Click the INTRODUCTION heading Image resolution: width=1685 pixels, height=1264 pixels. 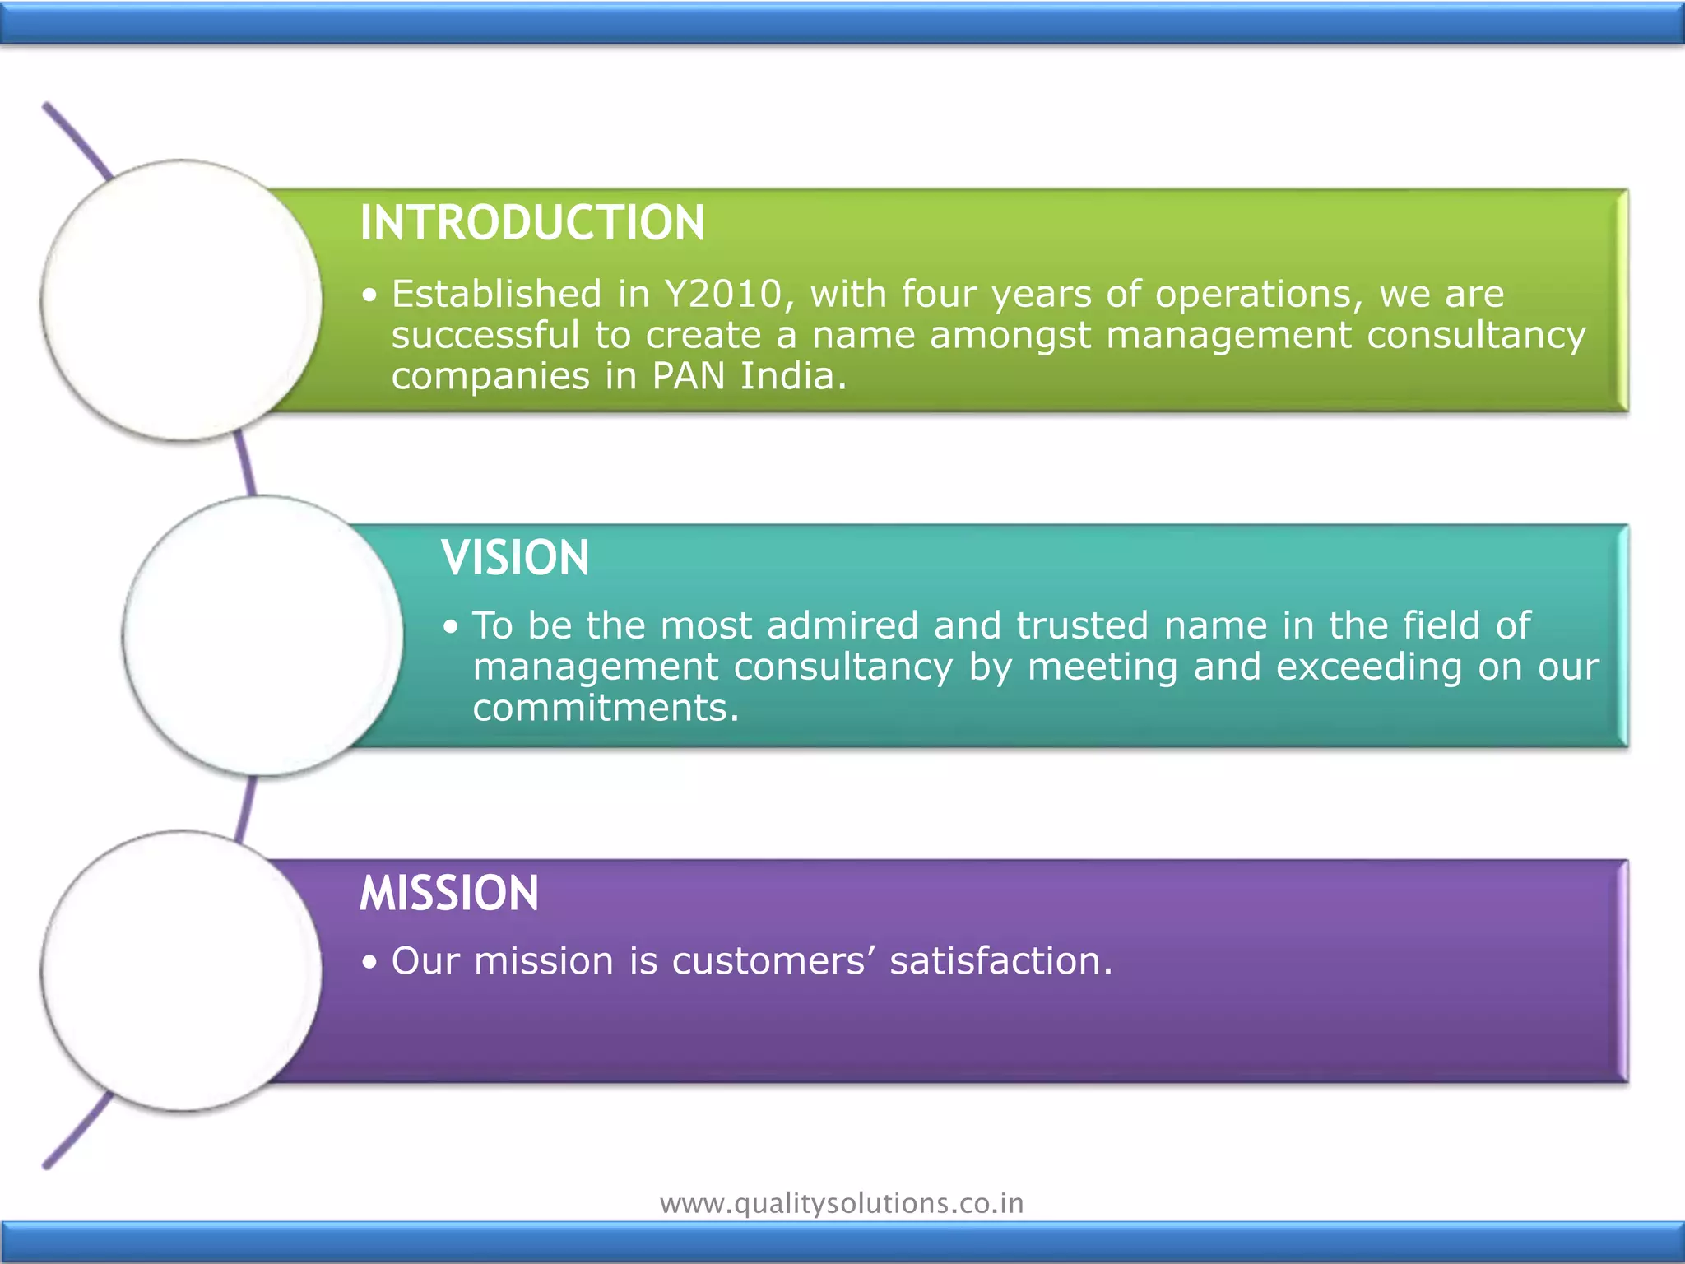click(x=532, y=223)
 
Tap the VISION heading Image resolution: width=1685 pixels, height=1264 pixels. click(x=515, y=558)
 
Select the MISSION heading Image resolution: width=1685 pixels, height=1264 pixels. click(x=449, y=893)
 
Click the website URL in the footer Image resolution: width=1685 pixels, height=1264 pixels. click(x=842, y=1203)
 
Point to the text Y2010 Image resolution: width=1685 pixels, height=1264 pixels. click(x=724, y=295)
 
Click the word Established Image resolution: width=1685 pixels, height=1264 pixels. click(x=497, y=295)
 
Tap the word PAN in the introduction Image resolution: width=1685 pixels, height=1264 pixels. click(x=689, y=377)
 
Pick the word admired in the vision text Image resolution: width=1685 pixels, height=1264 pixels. click(x=842, y=626)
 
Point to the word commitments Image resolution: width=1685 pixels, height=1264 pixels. click(x=606, y=709)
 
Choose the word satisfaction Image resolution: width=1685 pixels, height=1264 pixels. click(x=1000, y=961)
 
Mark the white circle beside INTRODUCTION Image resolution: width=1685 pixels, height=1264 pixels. click(x=182, y=300)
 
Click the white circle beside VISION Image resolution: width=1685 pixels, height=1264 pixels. click(x=263, y=635)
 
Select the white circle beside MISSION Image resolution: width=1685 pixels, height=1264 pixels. click(x=182, y=970)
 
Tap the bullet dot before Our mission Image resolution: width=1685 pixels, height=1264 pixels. click(x=370, y=962)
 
